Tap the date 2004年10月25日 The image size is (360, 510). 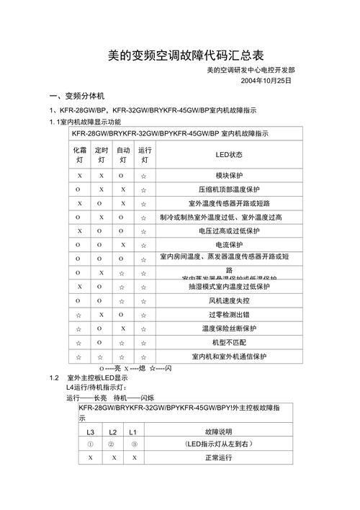266,81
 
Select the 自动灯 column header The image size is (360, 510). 122,155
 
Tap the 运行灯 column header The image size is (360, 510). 144,155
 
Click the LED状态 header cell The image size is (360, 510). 229,155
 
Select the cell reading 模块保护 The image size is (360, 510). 229,176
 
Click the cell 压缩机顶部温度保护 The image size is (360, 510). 229,189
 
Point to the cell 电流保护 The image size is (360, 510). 229,245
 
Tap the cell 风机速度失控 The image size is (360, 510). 229,300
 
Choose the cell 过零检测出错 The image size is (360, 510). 229,315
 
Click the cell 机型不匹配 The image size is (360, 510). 229,342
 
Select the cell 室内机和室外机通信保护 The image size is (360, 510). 229,356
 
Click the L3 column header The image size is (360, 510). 90,432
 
